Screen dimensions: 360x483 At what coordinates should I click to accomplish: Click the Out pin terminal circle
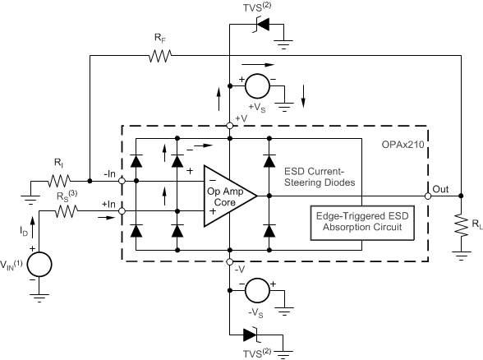[x=429, y=196]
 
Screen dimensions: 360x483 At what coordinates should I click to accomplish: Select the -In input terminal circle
[x=122, y=180]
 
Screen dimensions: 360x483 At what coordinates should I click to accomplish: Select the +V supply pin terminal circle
[x=229, y=126]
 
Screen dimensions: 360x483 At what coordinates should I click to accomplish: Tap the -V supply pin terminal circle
[x=229, y=262]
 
